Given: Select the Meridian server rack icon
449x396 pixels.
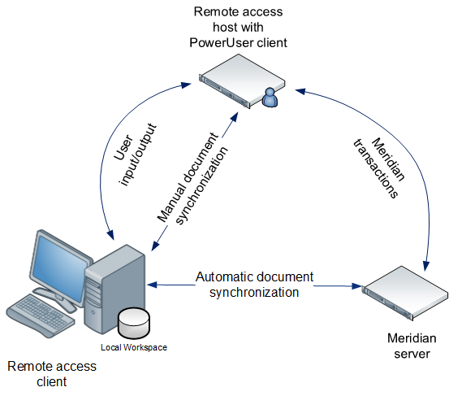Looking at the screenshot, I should tap(404, 294).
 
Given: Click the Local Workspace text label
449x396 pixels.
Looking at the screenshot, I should tap(134, 348).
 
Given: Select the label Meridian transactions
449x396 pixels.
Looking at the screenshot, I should tap(378, 166).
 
